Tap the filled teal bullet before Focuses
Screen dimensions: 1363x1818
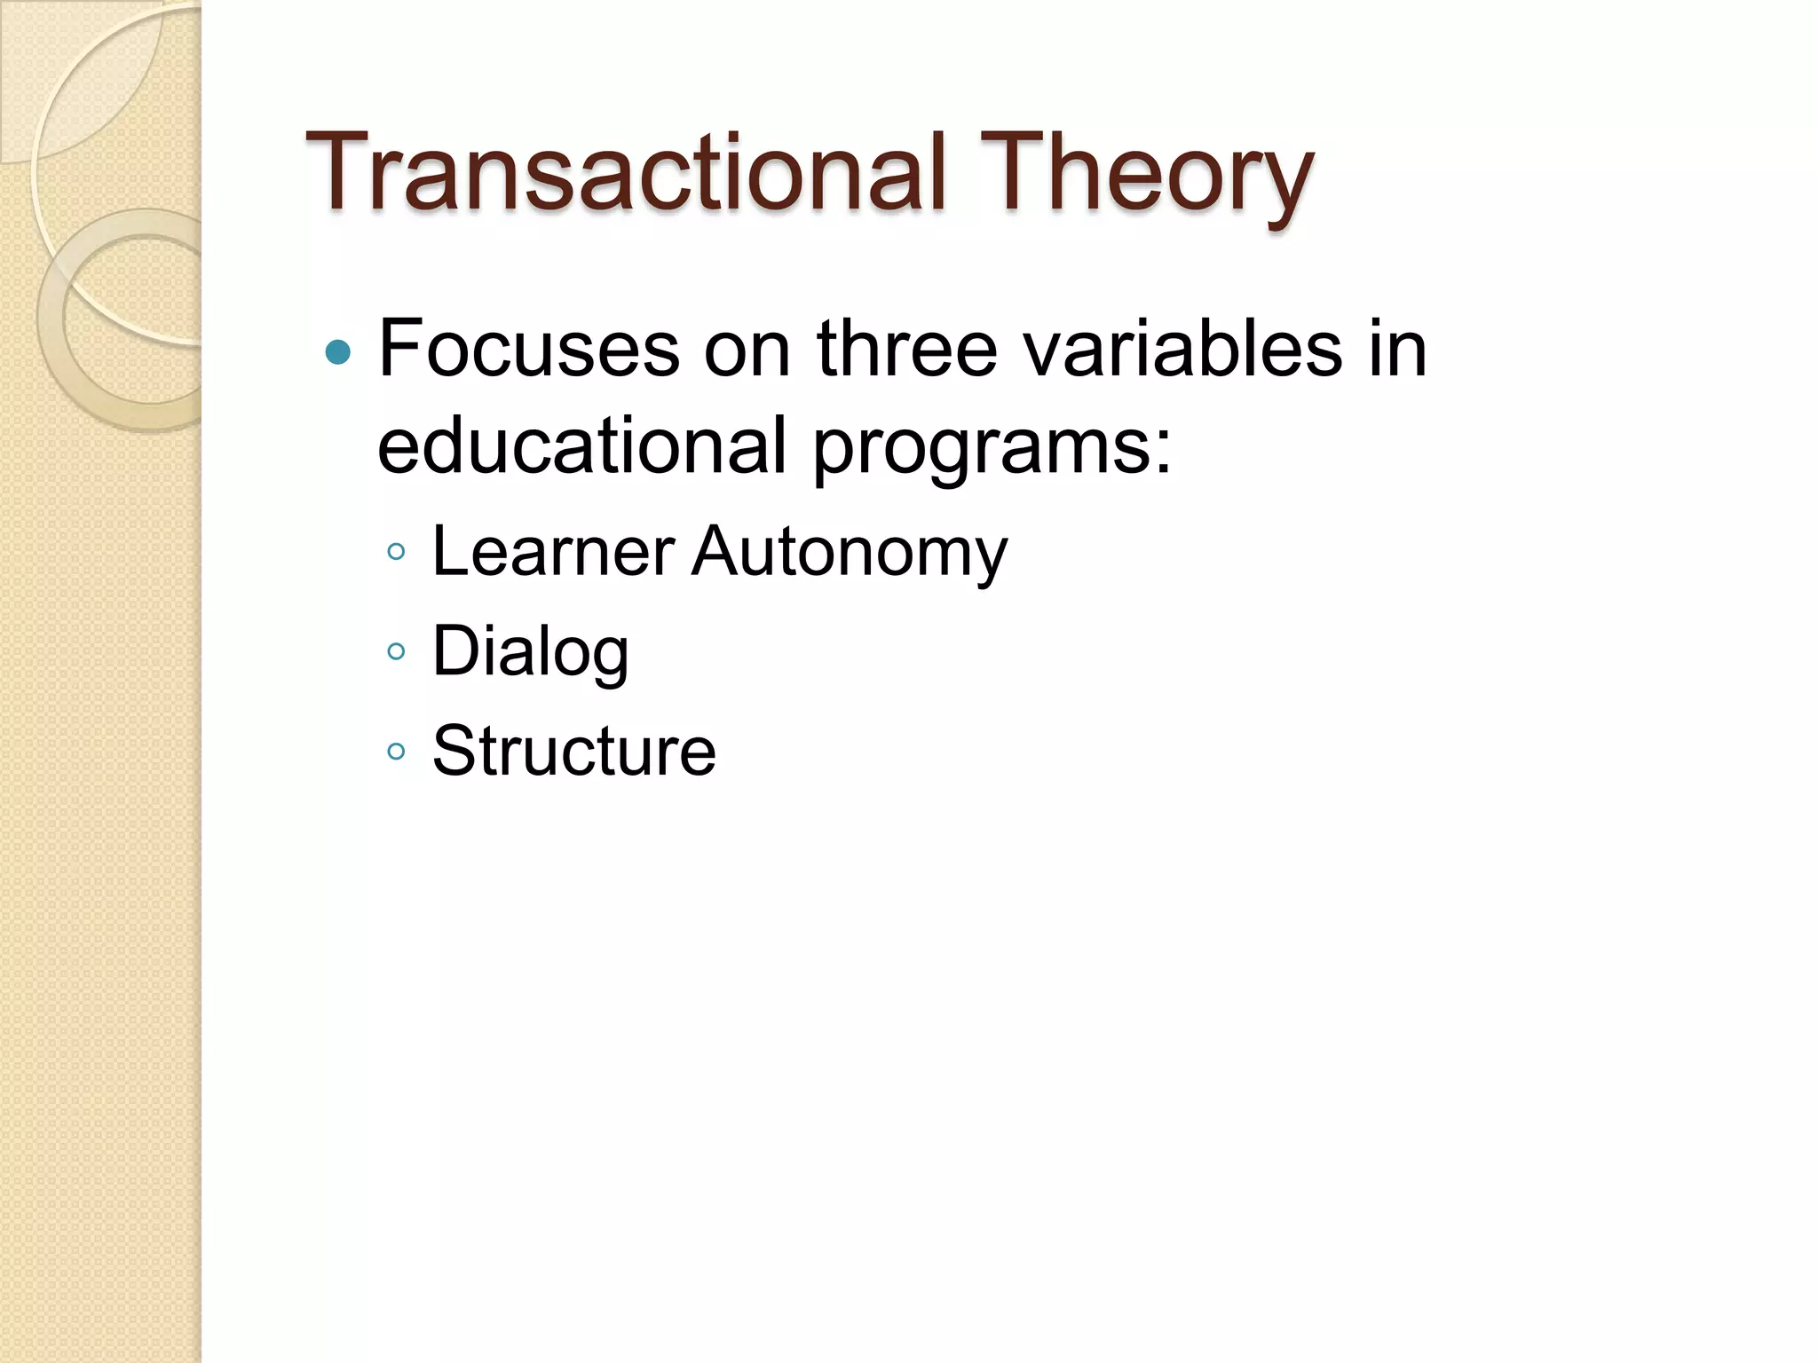coord(338,353)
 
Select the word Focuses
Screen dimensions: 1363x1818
coord(529,350)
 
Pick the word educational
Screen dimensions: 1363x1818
coord(582,445)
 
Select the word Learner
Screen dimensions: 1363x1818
coord(553,552)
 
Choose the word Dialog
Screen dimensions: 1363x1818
coord(531,653)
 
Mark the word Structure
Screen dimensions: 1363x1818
coord(573,752)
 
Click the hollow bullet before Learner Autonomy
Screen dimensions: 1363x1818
coord(397,553)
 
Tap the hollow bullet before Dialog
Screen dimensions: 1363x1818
coord(397,653)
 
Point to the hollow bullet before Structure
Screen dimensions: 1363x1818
coord(397,752)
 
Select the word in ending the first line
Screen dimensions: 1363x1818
coord(1397,350)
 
